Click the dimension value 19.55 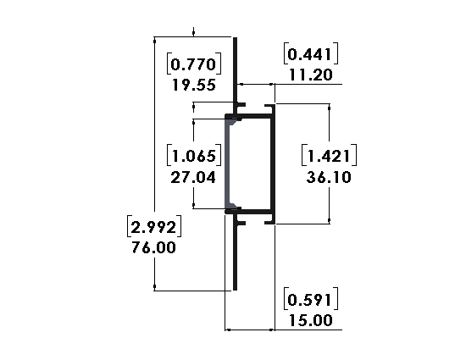point(194,86)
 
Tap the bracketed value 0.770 point(194,64)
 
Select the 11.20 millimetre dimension point(311,75)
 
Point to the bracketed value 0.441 point(311,53)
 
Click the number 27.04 point(193,177)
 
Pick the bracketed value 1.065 point(194,155)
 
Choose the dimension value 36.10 point(329,177)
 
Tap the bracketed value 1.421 point(329,155)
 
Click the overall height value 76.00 point(153,247)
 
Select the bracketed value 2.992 point(154,227)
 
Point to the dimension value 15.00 point(311,320)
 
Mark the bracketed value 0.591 point(311,299)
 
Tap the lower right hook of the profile point(269,222)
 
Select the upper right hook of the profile point(269,106)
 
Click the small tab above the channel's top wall point(241,104)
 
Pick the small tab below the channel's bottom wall point(241,223)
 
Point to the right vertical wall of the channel point(273,163)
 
